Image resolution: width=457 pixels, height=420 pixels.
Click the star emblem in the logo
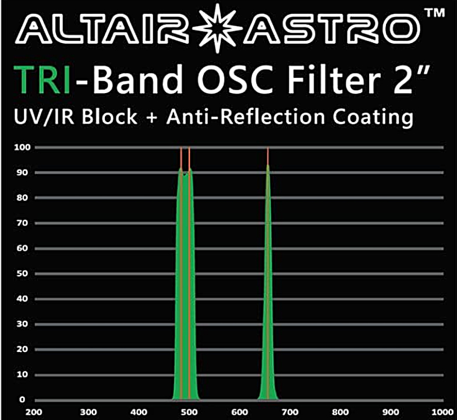click(x=217, y=29)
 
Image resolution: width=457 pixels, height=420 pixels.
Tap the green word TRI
click(x=42, y=80)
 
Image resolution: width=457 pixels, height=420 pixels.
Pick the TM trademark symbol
click(x=434, y=13)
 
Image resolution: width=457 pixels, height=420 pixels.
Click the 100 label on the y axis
click(x=23, y=147)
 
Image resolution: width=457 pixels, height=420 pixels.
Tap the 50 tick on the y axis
click(x=23, y=273)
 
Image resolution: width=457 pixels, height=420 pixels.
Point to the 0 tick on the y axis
click(x=22, y=400)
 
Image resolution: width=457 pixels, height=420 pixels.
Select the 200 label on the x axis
click(x=34, y=412)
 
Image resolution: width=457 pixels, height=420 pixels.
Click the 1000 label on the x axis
click(x=442, y=412)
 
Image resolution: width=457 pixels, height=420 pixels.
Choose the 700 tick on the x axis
click(x=290, y=412)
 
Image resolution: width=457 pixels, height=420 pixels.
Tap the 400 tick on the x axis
click(x=139, y=412)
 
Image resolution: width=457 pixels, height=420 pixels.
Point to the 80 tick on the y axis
click(x=23, y=198)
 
